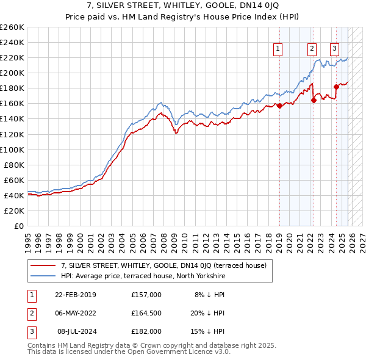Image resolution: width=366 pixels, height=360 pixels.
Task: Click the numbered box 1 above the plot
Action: coord(278,49)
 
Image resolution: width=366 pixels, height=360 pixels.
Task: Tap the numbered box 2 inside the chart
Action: coord(312,49)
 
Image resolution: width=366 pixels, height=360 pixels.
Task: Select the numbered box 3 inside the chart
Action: coord(335,49)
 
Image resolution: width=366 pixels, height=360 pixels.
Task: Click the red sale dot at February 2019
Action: coord(279,106)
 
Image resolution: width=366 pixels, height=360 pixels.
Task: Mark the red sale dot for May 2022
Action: coord(313,100)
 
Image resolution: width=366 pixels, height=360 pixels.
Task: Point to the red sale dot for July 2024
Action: coord(335,87)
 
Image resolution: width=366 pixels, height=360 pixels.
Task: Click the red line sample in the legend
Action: coord(43,265)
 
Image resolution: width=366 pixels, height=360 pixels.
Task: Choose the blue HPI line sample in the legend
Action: coord(43,276)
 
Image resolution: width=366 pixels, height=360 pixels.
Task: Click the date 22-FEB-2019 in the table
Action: coord(75,295)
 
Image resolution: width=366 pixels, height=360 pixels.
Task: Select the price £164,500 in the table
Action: coord(146,313)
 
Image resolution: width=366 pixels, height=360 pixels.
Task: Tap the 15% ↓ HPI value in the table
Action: coord(209,331)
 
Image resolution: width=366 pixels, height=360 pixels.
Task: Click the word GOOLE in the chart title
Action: coord(223,5)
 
